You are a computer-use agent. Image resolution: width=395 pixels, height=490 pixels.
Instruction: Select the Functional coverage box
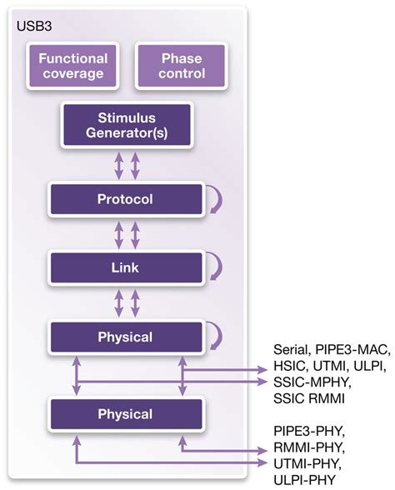pos(72,66)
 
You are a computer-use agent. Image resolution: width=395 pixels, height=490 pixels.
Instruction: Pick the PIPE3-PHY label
pos(308,432)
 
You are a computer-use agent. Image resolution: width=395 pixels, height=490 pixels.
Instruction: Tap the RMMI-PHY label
pos(307,447)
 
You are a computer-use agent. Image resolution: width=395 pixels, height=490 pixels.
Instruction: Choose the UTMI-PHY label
pos(307,463)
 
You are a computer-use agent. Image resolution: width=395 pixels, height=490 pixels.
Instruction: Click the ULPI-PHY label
pos(304,479)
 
